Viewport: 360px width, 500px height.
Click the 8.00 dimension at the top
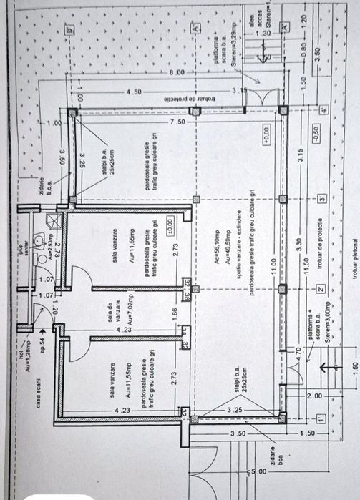coord(177,73)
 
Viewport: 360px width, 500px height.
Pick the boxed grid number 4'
coord(323,112)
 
